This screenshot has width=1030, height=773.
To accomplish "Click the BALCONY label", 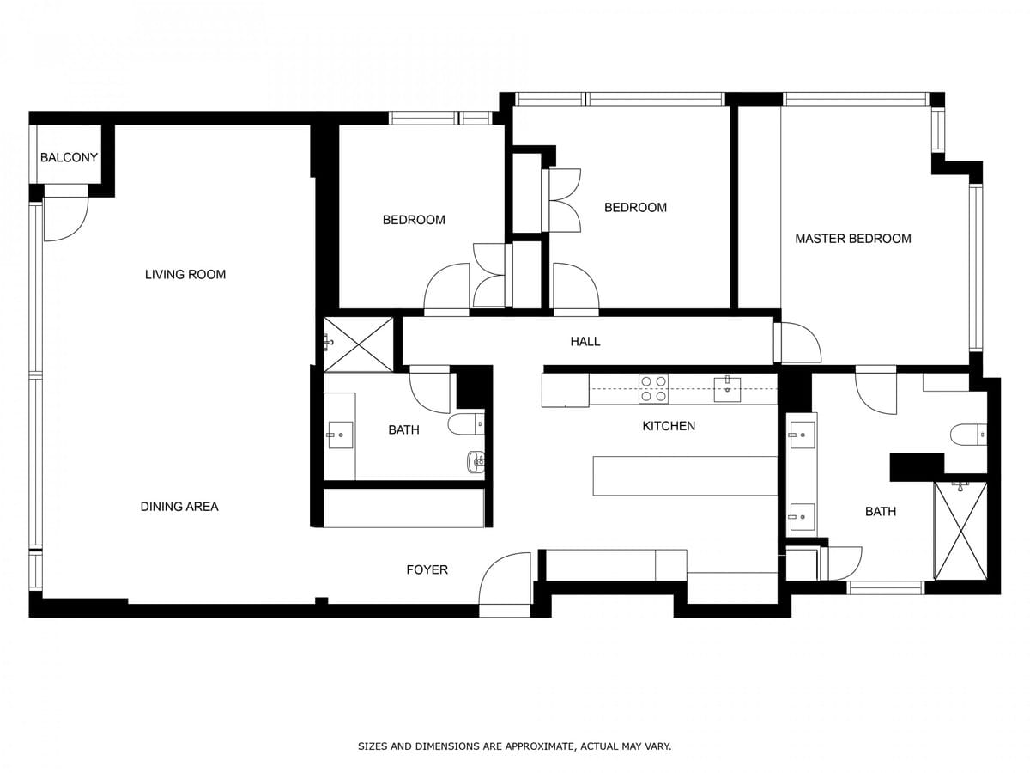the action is pos(69,157).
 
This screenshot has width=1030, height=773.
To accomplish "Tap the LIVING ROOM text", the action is pos(185,274).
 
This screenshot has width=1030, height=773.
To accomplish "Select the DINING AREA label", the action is pos(179,507).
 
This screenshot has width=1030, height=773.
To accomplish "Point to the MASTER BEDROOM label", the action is pos(852,239).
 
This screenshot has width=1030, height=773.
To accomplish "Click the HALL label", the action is pos(585,341).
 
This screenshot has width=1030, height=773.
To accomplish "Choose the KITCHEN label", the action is pos(669,426).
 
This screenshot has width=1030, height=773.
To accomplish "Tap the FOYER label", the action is pos(427,569).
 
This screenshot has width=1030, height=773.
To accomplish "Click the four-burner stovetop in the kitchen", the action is pos(654,388).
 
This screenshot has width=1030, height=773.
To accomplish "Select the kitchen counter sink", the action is pos(727,389).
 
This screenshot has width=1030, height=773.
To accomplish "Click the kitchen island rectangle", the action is pos(685,476).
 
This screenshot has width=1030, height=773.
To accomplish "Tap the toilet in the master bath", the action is pos(968,434).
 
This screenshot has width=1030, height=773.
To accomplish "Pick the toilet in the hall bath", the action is pos(466,424).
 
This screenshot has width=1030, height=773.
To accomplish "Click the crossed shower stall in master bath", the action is pos(961,530).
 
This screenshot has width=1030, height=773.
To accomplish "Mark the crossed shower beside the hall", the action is pos(359,344).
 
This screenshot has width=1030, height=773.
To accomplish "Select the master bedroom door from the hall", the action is pos(797,343).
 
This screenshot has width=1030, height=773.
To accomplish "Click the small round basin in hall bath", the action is pos(476,461).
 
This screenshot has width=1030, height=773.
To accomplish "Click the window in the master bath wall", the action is pos(886,588).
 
